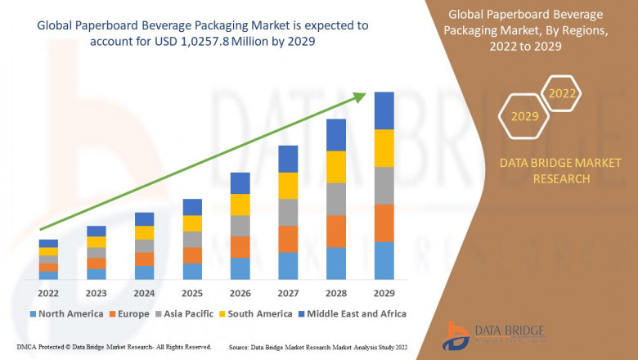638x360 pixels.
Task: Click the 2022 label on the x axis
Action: pos(48,294)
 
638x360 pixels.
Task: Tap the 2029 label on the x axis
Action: pos(384,294)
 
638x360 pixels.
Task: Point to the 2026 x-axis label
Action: pos(240,294)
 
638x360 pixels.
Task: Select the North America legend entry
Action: pos(65,313)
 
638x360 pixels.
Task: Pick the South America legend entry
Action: pos(256,313)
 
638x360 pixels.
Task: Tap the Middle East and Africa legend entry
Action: pos(355,313)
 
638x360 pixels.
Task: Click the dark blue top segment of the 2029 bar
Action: pos(384,110)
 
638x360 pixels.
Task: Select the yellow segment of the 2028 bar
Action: pos(336,167)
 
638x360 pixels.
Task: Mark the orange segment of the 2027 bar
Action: pos(288,239)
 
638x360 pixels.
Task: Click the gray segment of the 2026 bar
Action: pos(240,226)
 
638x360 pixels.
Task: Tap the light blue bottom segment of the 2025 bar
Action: pos(192,272)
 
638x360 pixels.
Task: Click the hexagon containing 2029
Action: pos(524,116)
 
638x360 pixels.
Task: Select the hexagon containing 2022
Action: pos(562,94)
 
